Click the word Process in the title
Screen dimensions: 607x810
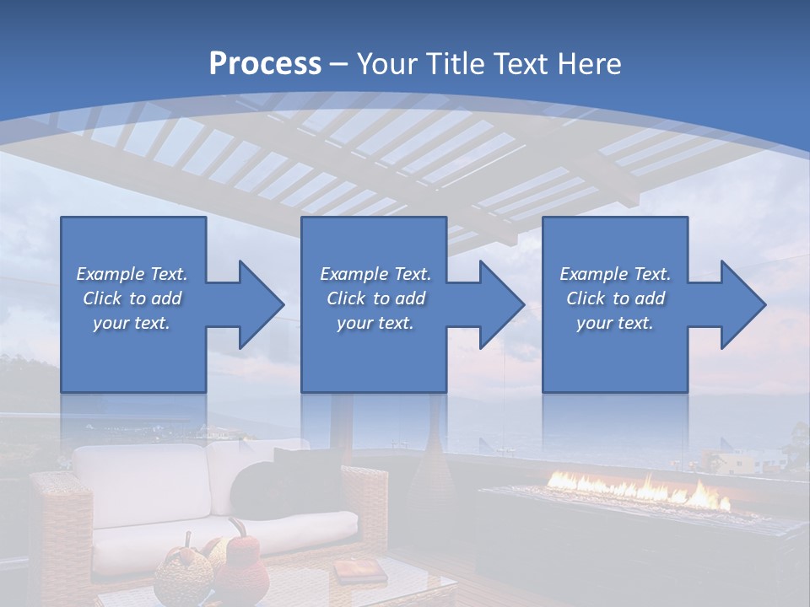265,64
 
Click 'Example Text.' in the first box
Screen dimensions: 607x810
132,274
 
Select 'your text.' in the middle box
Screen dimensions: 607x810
375,323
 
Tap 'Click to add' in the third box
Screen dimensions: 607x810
615,298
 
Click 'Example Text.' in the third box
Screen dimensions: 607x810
615,274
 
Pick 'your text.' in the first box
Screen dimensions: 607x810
132,323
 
